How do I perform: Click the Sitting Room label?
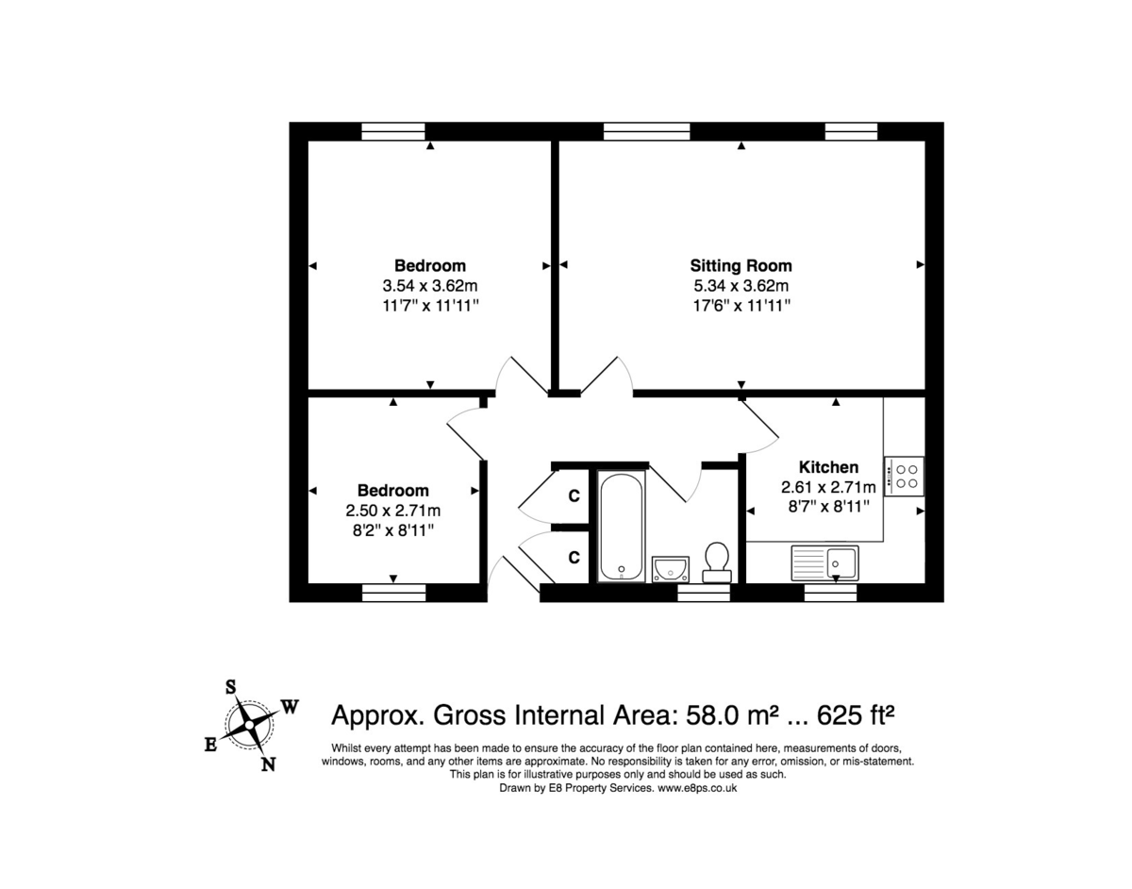[x=741, y=265]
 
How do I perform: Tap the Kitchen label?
[x=828, y=467]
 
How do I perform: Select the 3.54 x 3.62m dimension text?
[x=429, y=285]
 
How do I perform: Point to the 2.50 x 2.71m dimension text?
[x=393, y=511]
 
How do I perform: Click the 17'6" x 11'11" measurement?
[x=741, y=306]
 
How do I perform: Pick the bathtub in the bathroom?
[x=622, y=527]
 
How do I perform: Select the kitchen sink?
[x=824, y=563]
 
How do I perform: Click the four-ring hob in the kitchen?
[x=905, y=475]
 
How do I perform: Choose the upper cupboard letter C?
[x=573, y=496]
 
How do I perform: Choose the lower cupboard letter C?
[x=573, y=557]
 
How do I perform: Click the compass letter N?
[x=268, y=764]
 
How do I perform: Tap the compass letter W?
[x=290, y=706]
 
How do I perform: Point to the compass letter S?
[x=229, y=687]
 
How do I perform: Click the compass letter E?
[x=211, y=746]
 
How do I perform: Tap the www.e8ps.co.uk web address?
[x=697, y=787]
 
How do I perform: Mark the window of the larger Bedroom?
[x=393, y=132]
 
